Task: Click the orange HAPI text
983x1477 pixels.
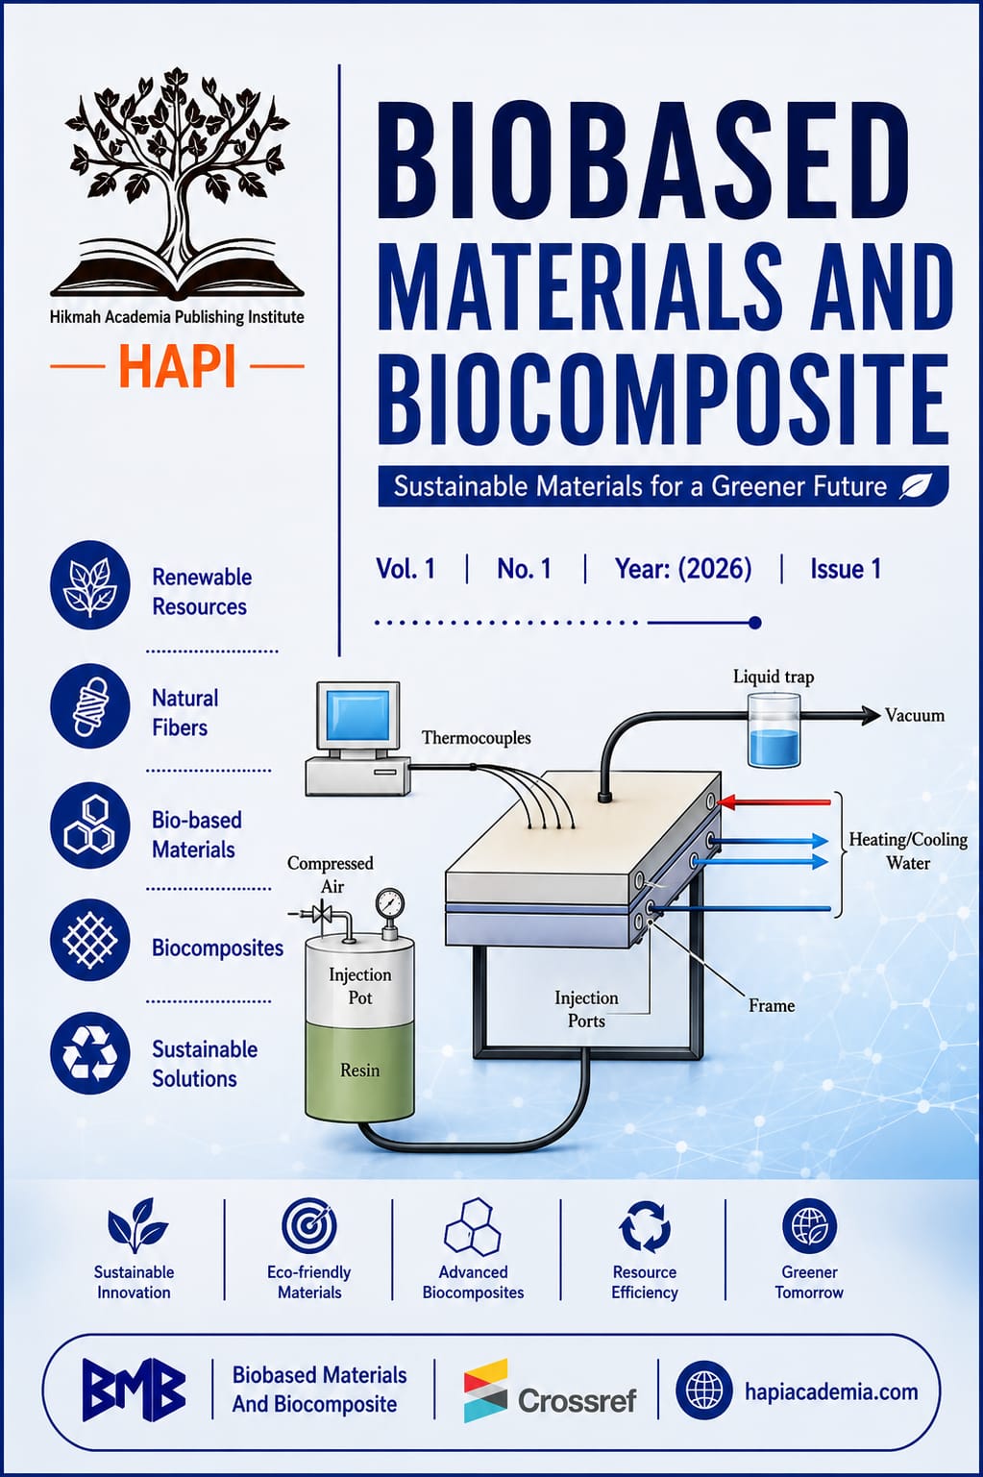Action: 178,367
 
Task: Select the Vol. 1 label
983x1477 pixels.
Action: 405,568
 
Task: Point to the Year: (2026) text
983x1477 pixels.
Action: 683,568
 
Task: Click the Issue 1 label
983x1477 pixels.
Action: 846,568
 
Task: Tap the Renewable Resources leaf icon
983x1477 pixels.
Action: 90,585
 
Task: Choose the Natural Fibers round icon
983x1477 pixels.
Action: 90,706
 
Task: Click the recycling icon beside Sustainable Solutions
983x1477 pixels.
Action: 90,1053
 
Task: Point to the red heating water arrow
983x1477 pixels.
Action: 774,801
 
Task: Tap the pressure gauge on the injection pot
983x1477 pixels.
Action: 389,901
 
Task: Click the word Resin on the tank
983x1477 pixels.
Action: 360,1070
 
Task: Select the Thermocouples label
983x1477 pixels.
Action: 476,737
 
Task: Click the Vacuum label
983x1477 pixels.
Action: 915,715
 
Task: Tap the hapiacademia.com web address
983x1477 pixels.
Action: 831,1391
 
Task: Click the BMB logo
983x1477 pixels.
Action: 134,1390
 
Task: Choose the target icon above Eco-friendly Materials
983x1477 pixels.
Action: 308,1226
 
